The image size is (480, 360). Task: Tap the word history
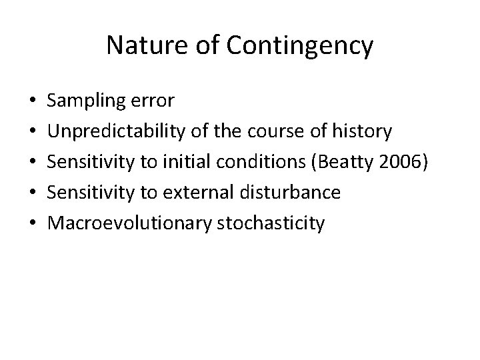click(x=363, y=131)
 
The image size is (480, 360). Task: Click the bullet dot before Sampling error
click(x=33, y=101)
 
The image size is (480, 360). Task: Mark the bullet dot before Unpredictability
click(x=33, y=132)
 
